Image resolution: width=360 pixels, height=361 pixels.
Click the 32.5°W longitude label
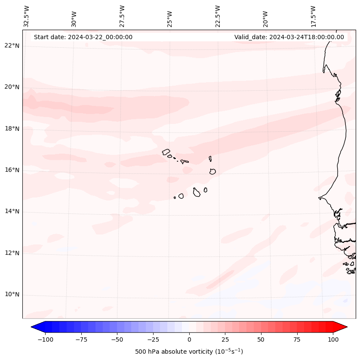[27, 16]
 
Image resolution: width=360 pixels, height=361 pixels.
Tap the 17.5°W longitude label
[313, 16]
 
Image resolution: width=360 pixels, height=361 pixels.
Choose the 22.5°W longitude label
[218, 16]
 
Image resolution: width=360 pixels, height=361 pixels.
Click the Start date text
[83, 37]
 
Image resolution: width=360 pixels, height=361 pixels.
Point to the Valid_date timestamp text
[289, 37]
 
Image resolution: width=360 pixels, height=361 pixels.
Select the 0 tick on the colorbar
[189, 340]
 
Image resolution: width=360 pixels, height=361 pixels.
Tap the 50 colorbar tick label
[261, 340]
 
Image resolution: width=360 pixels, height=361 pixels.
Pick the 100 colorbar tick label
[333, 340]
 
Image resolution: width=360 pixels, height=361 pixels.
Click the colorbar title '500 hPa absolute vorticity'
[189, 352]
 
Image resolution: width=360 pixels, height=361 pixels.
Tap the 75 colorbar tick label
[297, 340]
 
